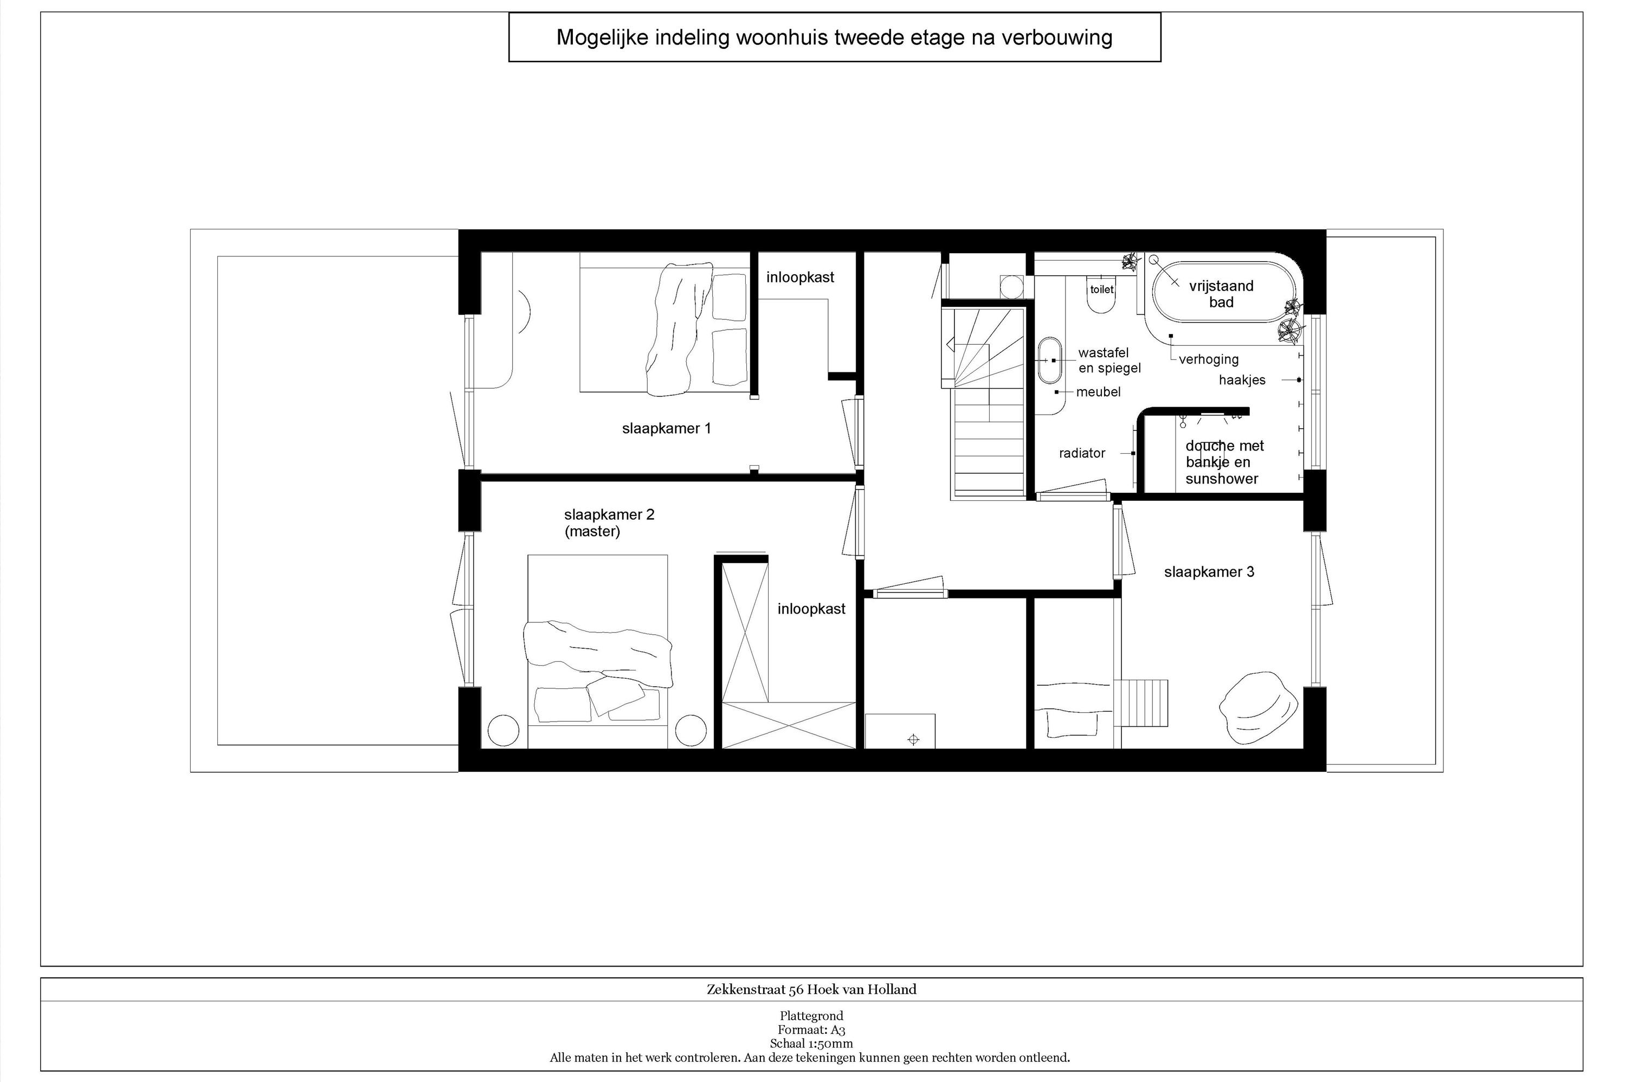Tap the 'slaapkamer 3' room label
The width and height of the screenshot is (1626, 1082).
[x=1209, y=572]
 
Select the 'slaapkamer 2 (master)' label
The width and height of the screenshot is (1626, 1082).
[x=609, y=523]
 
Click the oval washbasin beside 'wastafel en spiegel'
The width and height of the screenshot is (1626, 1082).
[x=1049, y=360]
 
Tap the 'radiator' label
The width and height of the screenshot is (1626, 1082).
[x=1082, y=453]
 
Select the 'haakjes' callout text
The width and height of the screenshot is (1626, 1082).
[x=1242, y=380]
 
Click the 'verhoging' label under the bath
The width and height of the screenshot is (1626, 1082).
[x=1209, y=359]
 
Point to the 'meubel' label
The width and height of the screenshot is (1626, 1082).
[x=1098, y=392]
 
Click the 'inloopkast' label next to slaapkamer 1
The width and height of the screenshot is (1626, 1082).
[x=800, y=278]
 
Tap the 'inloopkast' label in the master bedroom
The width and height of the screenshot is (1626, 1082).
[x=811, y=609]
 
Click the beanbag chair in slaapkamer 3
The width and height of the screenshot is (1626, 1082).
[x=1259, y=709]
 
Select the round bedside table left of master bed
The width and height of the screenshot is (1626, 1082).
[x=503, y=730]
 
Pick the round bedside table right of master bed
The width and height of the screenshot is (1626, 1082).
[x=690, y=730]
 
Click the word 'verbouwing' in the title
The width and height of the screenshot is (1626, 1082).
[x=1057, y=37]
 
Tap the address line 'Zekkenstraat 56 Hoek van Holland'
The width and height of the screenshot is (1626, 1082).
[x=811, y=989]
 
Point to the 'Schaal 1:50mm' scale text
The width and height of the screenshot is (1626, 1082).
[x=811, y=1044]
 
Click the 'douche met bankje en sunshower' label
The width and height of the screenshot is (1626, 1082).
[x=1224, y=462]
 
